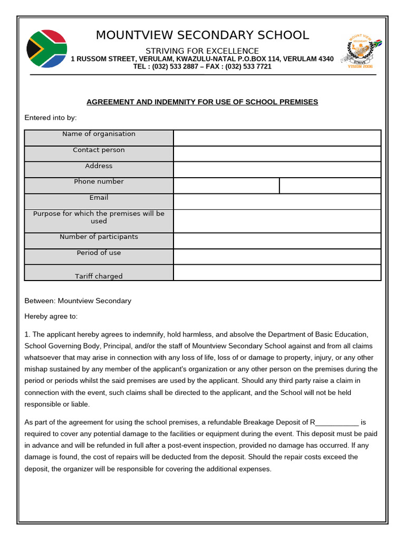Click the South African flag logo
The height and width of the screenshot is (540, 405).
coord(46,49)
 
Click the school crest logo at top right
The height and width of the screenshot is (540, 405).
coord(359,51)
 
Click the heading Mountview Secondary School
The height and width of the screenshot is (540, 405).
coord(202,35)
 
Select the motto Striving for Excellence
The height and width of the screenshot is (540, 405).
coord(202,51)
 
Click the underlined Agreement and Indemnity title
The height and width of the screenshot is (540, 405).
coord(202,102)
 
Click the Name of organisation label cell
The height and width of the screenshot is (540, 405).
coord(99,134)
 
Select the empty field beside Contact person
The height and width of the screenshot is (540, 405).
coord(277,153)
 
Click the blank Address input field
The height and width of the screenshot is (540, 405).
coord(277,169)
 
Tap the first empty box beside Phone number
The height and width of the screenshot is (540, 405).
coord(226,186)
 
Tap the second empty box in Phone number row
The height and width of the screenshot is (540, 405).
coord(330,186)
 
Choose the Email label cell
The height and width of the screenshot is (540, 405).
coord(99,198)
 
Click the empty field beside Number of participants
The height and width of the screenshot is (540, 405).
coord(277,240)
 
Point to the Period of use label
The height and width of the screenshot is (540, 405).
coord(99,253)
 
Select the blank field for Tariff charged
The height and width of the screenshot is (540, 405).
coord(277,273)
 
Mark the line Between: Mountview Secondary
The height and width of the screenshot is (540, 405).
coord(78,301)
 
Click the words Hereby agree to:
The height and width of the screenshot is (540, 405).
coord(51,316)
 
